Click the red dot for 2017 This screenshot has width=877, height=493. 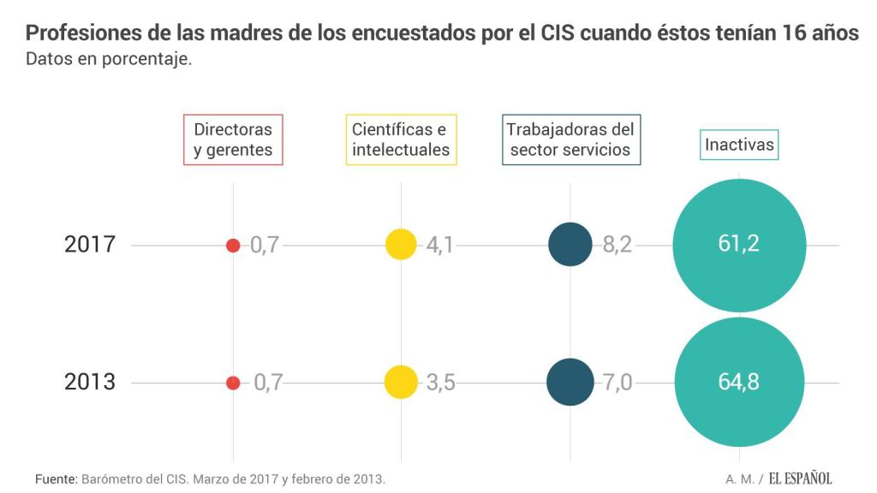[233, 246]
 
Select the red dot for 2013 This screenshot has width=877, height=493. [233, 383]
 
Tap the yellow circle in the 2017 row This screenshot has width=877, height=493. [401, 245]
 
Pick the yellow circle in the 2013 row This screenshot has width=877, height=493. [401, 382]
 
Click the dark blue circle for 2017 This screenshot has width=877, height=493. [570, 245]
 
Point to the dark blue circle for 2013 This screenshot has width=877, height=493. [570, 382]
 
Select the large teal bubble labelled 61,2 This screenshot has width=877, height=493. [739, 245]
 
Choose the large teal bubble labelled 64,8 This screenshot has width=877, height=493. [739, 382]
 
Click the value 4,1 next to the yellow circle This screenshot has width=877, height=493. [440, 246]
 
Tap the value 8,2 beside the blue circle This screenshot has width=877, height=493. [617, 246]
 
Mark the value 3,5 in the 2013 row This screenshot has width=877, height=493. [440, 383]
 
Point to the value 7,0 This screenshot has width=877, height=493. [617, 383]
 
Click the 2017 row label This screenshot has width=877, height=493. [90, 245]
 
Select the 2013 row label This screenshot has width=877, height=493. [90, 382]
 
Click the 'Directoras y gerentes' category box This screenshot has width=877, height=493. [233, 140]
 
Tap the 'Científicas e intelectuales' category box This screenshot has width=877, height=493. [401, 140]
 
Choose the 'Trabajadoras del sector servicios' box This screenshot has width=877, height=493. [570, 140]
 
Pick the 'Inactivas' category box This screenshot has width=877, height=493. [739, 145]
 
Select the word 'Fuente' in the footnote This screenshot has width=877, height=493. [56, 478]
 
